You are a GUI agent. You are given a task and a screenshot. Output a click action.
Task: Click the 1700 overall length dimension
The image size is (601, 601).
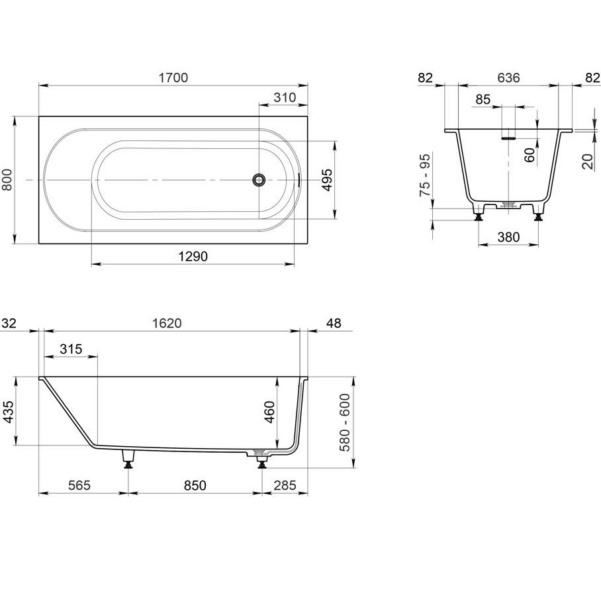173,78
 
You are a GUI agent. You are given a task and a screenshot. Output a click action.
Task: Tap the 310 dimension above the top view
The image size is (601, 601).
285,97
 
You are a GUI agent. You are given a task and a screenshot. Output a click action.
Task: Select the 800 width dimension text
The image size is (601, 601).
7,180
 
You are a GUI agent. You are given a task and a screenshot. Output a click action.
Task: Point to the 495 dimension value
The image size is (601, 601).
327,180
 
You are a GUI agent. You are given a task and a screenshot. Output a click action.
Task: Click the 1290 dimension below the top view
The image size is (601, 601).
193,256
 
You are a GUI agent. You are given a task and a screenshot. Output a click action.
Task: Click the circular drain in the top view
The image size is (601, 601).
259,179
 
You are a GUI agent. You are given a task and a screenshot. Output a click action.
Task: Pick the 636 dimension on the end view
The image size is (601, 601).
508,78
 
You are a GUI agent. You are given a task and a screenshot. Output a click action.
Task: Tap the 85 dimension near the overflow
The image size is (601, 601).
483,100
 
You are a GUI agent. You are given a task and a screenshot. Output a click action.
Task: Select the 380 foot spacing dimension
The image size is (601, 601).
508,237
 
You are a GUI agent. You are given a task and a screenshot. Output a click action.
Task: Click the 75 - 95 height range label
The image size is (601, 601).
425,175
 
